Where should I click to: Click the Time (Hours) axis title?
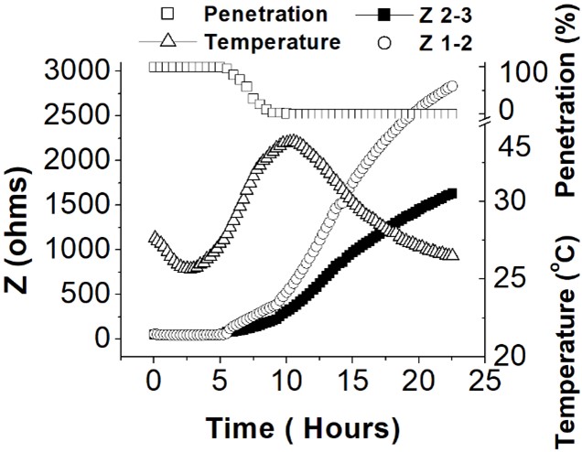[x=302, y=428]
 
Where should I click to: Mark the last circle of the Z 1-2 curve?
[x=450, y=87]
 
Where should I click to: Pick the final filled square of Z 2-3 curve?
[x=450, y=193]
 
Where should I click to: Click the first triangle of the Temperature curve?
[x=154, y=238]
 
